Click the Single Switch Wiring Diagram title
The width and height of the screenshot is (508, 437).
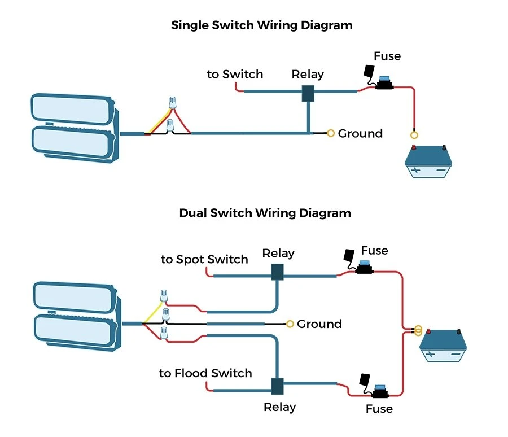[261, 25]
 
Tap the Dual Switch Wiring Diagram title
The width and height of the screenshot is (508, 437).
[265, 213]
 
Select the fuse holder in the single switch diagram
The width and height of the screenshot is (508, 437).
[384, 85]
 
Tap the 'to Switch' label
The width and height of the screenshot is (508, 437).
[235, 75]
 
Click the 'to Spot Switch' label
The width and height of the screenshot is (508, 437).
[204, 260]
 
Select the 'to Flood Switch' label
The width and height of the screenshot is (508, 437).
[205, 373]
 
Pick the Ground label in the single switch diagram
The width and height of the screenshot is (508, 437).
[360, 134]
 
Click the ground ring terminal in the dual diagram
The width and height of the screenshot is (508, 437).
[290, 324]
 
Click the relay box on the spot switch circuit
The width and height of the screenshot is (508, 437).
[277, 272]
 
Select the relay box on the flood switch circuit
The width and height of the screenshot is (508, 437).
[277, 387]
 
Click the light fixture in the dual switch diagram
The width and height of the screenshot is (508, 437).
[77, 316]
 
